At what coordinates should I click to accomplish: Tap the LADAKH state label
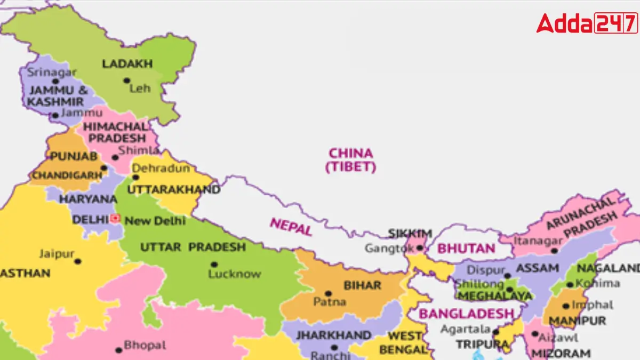point(127,64)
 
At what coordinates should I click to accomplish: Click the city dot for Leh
point(126,81)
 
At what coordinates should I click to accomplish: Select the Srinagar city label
point(52,72)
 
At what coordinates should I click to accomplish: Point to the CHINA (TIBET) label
point(350,160)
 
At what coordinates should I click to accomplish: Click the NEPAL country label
point(291,227)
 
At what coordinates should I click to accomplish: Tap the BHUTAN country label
point(466,249)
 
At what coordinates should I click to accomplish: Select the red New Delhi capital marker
point(116,219)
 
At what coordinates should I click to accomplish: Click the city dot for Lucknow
point(214,264)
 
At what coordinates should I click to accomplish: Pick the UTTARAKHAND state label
point(173,190)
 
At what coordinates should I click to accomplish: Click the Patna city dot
point(328,293)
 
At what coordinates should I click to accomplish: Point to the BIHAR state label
point(362,285)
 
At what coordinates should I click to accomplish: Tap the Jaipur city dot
point(78,261)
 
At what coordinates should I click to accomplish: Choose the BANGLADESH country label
point(466,314)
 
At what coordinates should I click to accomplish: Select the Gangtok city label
point(389,248)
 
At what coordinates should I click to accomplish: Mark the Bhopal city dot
point(118,350)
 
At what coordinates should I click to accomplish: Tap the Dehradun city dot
point(135,178)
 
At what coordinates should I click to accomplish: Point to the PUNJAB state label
point(74,156)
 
